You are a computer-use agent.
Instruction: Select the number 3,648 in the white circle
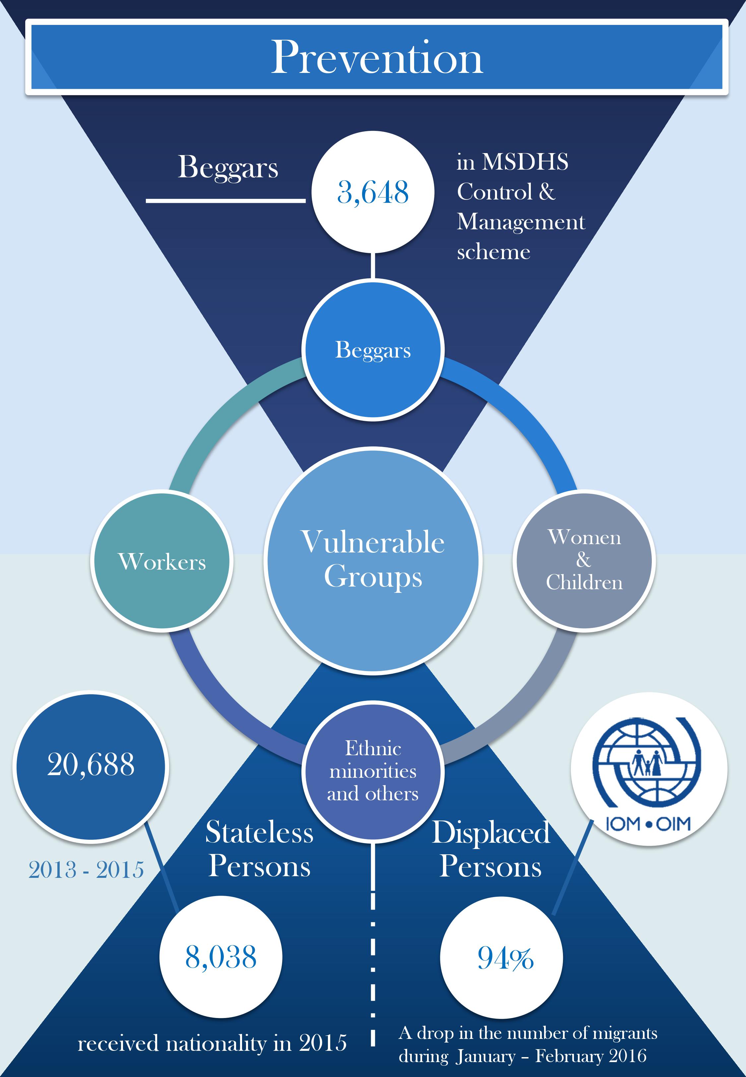pyautogui.click(x=373, y=192)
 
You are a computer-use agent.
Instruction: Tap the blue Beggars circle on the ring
pyautogui.click(x=373, y=350)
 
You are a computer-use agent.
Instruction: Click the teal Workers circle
pyautogui.click(x=162, y=561)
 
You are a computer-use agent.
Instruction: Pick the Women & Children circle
pyautogui.click(x=584, y=560)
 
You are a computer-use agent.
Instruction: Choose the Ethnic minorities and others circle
pyautogui.click(x=373, y=770)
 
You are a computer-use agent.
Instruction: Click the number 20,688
pyautogui.click(x=91, y=765)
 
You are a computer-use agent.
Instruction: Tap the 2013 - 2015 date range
pyautogui.click(x=86, y=870)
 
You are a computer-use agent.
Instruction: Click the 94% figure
pyautogui.click(x=505, y=958)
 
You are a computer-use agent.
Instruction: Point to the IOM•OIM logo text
pyautogui.click(x=648, y=824)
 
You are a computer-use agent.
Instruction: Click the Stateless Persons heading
pyautogui.click(x=259, y=849)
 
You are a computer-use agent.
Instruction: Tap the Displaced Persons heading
pyautogui.click(x=490, y=849)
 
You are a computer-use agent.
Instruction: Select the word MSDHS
pyautogui.click(x=525, y=162)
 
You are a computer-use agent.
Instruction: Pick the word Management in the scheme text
pyautogui.click(x=521, y=221)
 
